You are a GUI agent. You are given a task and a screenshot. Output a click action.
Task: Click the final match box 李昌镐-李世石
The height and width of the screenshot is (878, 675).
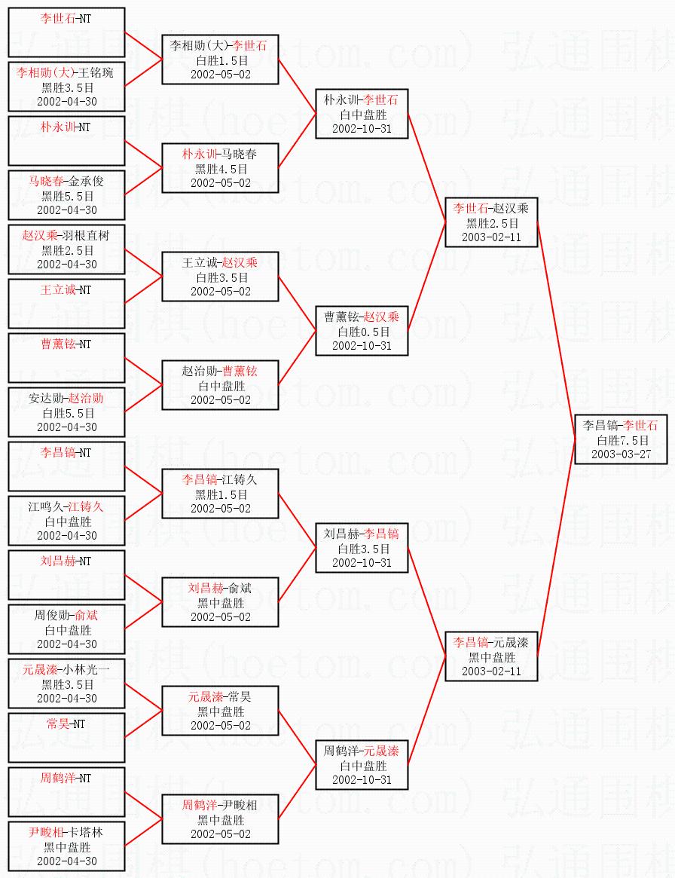(621, 439)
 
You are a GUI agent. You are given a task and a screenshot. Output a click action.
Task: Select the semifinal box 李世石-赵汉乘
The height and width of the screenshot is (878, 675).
(490, 222)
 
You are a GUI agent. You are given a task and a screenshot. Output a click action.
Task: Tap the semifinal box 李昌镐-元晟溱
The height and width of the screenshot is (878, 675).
(490, 656)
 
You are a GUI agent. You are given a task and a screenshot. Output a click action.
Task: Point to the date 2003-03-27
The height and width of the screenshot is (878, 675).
(621, 454)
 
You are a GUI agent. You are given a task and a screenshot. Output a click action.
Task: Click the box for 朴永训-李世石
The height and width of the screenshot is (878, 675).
(361, 114)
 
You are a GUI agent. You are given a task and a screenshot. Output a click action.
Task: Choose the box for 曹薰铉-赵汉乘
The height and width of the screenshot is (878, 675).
(361, 331)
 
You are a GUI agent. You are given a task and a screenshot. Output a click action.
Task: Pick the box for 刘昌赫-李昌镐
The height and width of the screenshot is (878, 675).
(361, 548)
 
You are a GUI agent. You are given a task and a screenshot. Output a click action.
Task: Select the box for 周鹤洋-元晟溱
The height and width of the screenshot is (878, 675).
(361, 765)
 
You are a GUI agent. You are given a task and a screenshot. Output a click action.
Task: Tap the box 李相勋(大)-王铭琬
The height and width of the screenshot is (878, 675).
(66, 87)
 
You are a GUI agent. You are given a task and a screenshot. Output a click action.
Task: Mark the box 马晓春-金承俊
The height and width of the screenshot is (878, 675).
(66, 195)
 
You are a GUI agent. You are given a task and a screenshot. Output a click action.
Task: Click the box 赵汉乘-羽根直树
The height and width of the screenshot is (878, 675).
(66, 249)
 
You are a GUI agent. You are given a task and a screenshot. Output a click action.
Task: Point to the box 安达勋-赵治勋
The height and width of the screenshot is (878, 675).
(66, 412)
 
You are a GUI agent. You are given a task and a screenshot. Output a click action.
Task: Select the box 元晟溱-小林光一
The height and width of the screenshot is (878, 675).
(66, 684)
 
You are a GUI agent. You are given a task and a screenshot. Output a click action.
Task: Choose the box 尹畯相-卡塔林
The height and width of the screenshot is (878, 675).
(66, 846)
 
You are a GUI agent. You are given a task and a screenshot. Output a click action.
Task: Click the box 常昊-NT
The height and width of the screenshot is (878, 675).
(66, 738)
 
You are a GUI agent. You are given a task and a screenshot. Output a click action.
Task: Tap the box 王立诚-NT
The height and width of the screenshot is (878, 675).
(66, 304)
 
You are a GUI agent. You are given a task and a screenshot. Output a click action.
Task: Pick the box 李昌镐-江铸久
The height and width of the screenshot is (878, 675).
(220, 494)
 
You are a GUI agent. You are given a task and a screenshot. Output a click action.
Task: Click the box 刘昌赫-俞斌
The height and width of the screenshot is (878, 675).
(220, 602)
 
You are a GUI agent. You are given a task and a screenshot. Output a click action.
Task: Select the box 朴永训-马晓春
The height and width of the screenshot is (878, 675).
(220, 168)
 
